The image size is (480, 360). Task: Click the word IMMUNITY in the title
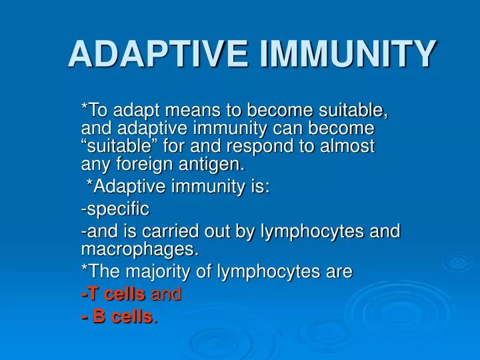coord(348,55)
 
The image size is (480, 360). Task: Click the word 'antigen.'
coord(207,162)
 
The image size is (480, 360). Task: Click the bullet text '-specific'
coord(115,209)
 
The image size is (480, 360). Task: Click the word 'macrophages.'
coord(139,249)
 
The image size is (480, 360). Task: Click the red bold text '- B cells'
coord(116,317)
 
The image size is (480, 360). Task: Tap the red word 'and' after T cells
coord(167,294)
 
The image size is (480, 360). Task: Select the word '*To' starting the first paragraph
coord(94,109)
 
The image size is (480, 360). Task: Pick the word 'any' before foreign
coord(94,162)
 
